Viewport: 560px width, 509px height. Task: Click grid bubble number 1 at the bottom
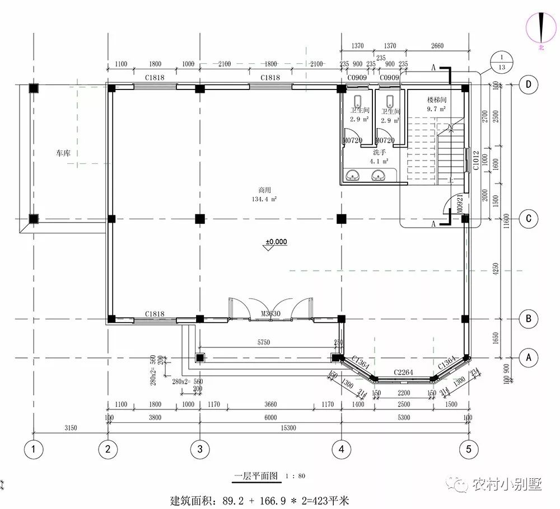click(x=34, y=449)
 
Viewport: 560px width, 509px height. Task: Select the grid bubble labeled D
click(x=528, y=84)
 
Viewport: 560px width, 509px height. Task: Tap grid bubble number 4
click(x=341, y=449)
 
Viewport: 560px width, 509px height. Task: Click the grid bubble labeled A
click(x=528, y=356)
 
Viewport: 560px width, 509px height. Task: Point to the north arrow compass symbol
click(x=542, y=28)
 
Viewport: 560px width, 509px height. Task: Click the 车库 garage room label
click(x=62, y=152)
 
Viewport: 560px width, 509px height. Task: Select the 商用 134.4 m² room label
click(x=265, y=194)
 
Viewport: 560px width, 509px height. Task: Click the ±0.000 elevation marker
click(x=276, y=242)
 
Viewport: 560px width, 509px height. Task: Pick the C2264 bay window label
click(x=402, y=371)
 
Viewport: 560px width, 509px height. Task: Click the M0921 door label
click(x=459, y=205)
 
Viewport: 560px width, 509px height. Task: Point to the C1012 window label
click(x=475, y=160)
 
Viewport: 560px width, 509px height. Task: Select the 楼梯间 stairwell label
click(x=436, y=99)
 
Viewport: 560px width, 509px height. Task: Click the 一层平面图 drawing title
click(x=256, y=477)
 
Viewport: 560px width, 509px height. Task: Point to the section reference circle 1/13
click(x=500, y=62)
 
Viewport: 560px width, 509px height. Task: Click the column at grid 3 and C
click(x=199, y=219)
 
